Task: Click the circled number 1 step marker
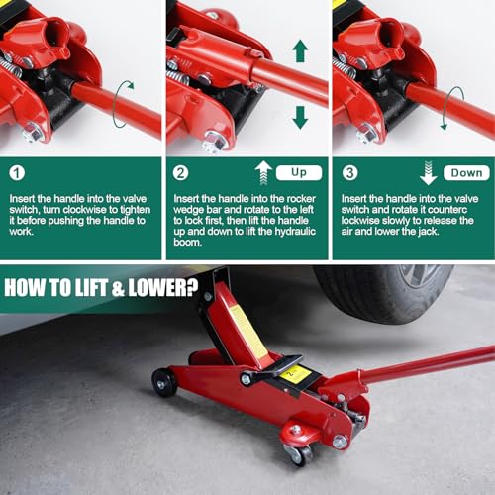coord(17,172)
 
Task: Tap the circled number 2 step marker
coord(181,172)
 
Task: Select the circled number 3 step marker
coord(349,172)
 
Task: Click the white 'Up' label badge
coord(299,172)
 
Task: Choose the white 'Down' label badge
coord(466,172)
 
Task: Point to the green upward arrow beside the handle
coord(300,50)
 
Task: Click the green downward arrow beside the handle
coord(300,118)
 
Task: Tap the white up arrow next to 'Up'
coord(263,172)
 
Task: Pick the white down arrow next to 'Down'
coord(429,172)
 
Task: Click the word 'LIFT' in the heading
coord(91,287)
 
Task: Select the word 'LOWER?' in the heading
coord(162,287)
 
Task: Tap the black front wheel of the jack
coord(164,382)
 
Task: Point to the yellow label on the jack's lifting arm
coord(248,334)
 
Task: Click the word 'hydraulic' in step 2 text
coord(295,232)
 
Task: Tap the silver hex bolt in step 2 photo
coord(215,142)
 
